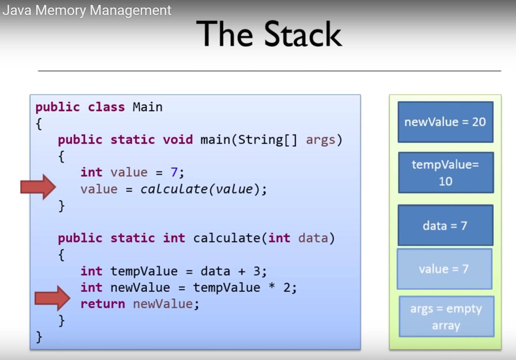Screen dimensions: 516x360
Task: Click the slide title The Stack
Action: [x=269, y=34]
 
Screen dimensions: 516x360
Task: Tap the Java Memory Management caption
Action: [x=87, y=10]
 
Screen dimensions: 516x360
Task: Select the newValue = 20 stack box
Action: [x=446, y=122]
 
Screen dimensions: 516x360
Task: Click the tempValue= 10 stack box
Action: [x=446, y=173]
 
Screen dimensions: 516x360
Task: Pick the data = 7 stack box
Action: [x=446, y=225]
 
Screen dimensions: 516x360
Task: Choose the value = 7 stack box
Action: [x=445, y=269]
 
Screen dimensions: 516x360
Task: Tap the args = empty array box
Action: [x=447, y=317]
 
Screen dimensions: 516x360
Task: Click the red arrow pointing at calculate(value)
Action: [x=38, y=187]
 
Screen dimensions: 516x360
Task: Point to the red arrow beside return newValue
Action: [x=52, y=298]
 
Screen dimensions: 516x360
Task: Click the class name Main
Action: [x=147, y=107]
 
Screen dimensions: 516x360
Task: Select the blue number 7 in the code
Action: [x=174, y=172]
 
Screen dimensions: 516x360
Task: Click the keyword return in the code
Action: [x=103, y=304]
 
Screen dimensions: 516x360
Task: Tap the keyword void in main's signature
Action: [x=178, y=140]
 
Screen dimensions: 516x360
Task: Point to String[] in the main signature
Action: [x=268, y=140]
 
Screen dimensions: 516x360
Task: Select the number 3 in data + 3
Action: [x=257, y=271]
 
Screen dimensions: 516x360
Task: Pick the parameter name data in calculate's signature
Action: [x=313, y=238]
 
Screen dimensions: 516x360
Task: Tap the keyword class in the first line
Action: [x=107, y=107]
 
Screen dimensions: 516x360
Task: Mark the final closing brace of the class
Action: [x=39, y=337]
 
